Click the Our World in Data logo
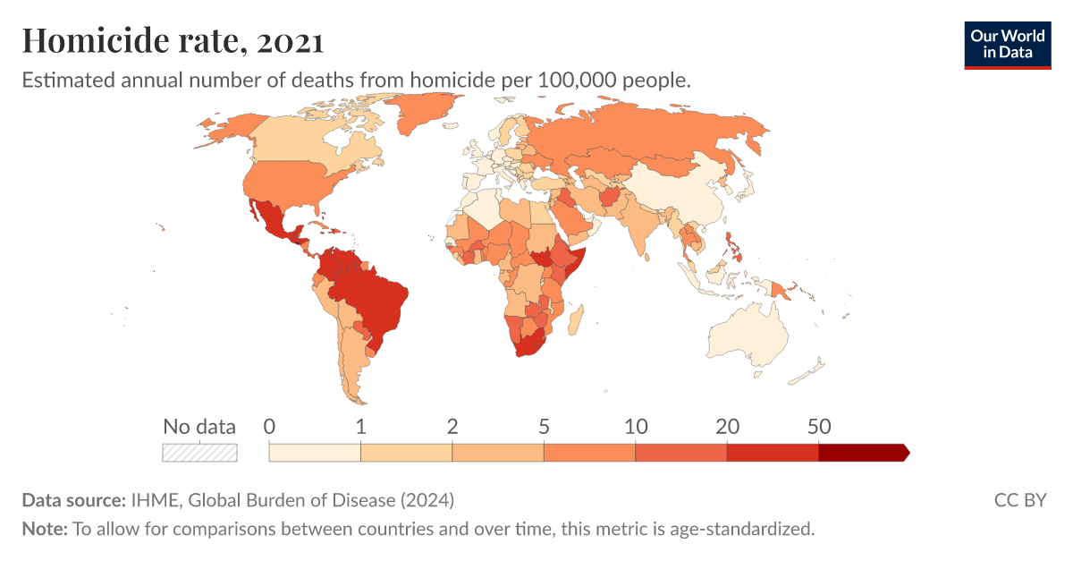[1008, 45]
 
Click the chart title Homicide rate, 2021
[173, 41]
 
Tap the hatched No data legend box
[199, 452]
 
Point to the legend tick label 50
[819, 427]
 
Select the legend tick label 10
[636, 427]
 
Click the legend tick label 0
[269, 427]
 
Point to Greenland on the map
[420, 116]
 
